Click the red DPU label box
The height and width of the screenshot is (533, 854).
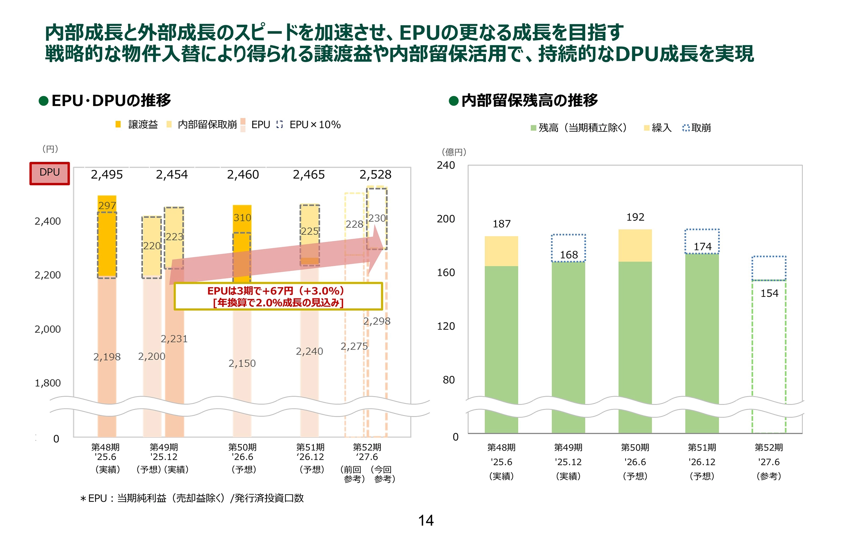point(49,173)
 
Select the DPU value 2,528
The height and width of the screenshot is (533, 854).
point(375,175)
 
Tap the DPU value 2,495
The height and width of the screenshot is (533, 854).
point(106,175)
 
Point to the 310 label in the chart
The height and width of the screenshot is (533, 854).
point(242,218)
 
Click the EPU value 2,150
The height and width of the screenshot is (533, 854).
point(242,363)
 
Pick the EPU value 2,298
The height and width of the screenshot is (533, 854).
point(376,321)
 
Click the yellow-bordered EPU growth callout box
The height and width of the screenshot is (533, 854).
point(278,297)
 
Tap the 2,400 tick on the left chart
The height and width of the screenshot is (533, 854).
point(47,221)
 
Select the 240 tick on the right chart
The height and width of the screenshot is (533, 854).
point(446,165)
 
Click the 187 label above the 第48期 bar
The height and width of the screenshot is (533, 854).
point(501,224)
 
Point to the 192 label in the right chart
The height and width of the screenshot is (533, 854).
point(635,217)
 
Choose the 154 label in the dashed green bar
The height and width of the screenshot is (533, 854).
point(769,293)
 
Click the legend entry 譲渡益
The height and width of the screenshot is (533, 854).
point(142,124)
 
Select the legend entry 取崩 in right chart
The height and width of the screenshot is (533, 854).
point(700,128)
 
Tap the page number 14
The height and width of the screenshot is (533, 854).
point(426,521)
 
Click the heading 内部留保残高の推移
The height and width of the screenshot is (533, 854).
point(529,101)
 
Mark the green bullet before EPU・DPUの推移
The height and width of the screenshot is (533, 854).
point(43,101)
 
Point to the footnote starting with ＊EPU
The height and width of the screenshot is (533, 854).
point(192,498)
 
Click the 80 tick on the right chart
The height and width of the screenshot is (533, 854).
point(448,380)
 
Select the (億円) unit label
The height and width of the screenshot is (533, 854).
point(454,152)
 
